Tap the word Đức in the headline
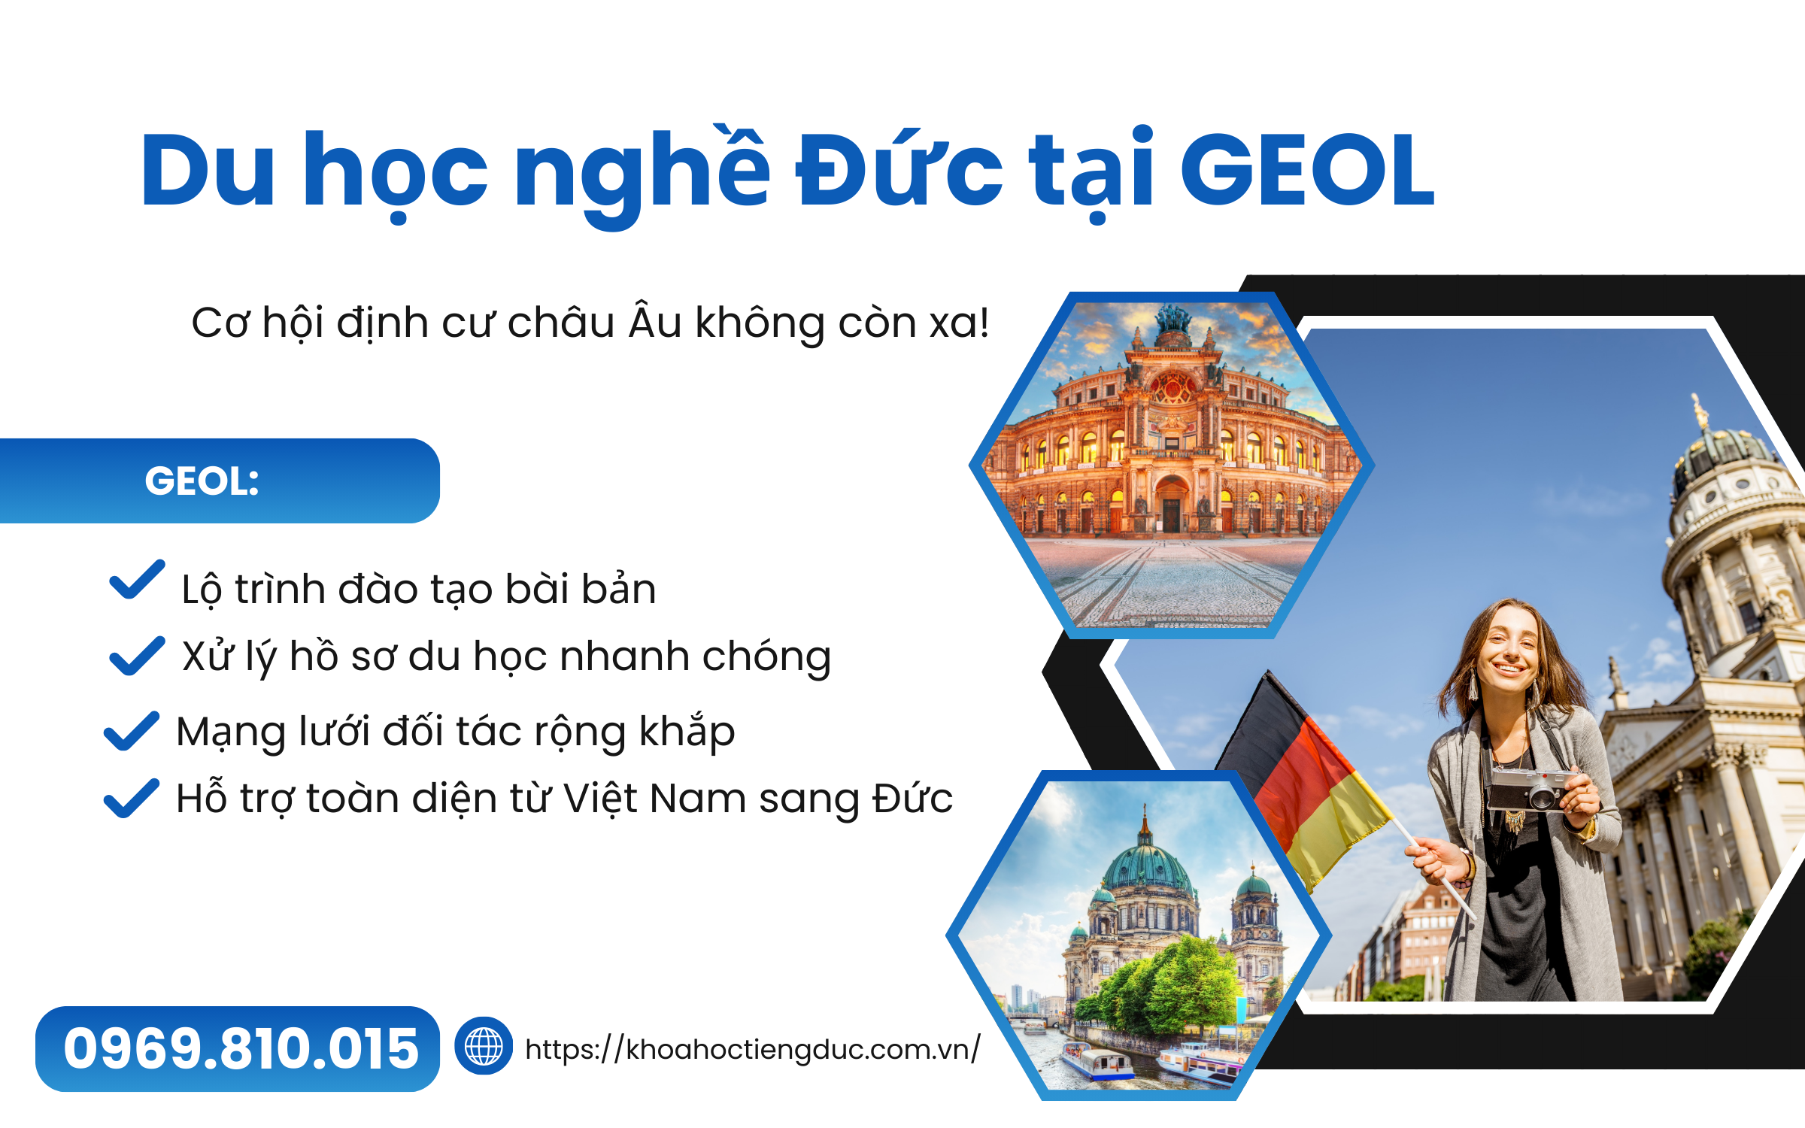(899, 167)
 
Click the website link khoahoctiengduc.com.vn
(753, 1049)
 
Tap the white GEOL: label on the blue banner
(202, 481)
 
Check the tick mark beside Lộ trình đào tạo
(137, 580)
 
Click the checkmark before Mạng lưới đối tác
(132, 731)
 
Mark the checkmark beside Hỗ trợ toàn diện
(132, 798)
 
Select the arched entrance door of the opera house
(1172, 504)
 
